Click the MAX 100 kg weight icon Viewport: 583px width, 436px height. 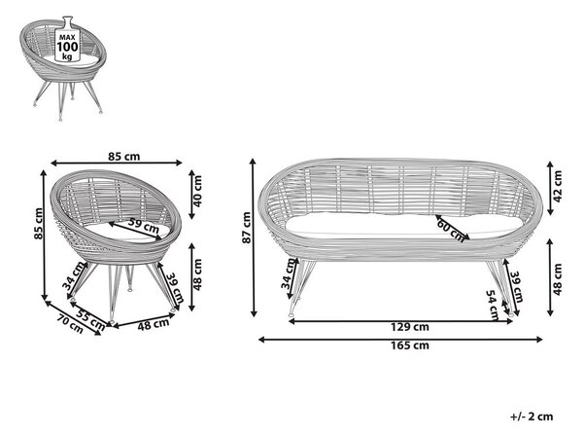click(x=67, y=39)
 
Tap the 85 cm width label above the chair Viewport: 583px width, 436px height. click(x=124, y=157)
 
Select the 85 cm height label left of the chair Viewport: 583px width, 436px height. click(x=38, y=224)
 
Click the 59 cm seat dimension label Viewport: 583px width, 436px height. click(x=143, y=225)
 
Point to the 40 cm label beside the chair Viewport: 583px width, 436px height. click(x=197, y=191)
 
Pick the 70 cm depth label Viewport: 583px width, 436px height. click(x=70, y=323)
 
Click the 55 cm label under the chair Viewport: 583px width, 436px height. click(x=90, y=319)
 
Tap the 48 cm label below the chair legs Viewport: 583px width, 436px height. click(x=154, y=325)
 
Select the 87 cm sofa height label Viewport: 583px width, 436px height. click(x=247, y=228)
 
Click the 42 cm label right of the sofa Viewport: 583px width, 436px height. click(x=558, y=186)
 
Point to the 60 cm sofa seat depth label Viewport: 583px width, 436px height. click(x=451, y=231)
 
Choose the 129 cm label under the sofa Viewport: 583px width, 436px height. click(x=410, y=327)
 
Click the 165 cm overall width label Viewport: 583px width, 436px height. click(x=410, y=345)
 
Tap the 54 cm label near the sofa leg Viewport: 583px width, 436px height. click(x=493, y=306)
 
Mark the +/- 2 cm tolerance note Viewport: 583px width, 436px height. click(x=532, y=417)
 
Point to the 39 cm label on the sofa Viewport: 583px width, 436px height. click(x=517, y=287)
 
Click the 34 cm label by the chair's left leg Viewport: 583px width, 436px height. click(x=73, y=275)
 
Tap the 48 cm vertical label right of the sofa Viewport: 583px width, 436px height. click(x=558, y=279)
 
